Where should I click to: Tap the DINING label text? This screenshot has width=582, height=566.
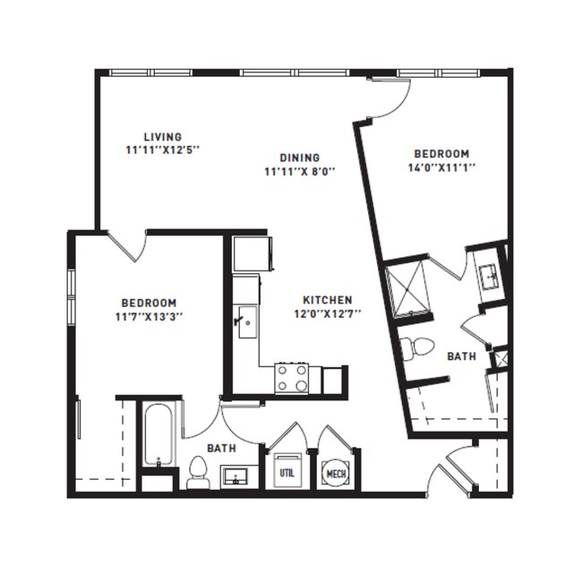(x=299, y=157)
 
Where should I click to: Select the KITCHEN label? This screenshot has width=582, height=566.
(x=327, y=300)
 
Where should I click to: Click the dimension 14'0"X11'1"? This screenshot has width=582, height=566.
(x=440, y=167)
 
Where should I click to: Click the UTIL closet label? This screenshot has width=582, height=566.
(x=287, y=472)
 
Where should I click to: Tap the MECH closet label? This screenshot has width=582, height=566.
(x=336, y=473)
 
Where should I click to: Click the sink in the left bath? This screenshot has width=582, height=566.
(x=236, y=475)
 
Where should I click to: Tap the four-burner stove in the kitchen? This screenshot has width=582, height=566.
(x=292, y=378)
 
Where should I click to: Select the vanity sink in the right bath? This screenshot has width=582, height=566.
(x=489, y=276)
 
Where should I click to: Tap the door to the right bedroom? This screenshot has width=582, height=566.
(x=391, y=99)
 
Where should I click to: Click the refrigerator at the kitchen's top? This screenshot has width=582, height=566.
(x=250, y=253)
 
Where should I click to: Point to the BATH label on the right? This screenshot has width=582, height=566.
(x=461, y=356)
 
